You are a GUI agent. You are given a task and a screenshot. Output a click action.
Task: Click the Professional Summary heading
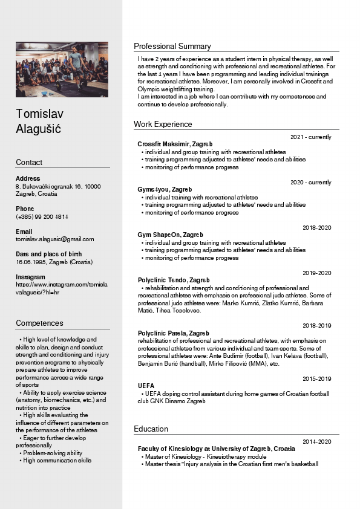pos(172,47)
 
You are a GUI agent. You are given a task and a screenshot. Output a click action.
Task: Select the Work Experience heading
pos(163,125)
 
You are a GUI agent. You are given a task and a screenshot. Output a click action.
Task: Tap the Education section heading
pos(151,429)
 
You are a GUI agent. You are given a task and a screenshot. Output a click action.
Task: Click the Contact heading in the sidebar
pos(29,163)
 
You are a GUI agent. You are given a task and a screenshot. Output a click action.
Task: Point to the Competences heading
pos(39,323)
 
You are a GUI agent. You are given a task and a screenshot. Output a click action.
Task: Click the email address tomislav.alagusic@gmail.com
pos(55,239)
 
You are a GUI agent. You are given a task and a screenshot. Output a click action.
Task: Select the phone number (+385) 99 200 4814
pos(42,216)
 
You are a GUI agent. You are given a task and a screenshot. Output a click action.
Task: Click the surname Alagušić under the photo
pos(39,129)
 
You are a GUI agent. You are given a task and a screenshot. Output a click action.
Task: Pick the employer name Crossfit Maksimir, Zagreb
pos(175,144)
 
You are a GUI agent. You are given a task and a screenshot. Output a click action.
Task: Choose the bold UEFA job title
pos(146,386)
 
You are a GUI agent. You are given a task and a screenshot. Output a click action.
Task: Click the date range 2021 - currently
pos(311,137)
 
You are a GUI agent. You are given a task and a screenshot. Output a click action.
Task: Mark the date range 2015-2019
pos(317,378)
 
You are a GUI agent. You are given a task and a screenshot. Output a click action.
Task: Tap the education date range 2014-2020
pos(317,442)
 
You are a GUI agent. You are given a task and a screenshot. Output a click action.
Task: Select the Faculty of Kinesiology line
pos(216,449)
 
